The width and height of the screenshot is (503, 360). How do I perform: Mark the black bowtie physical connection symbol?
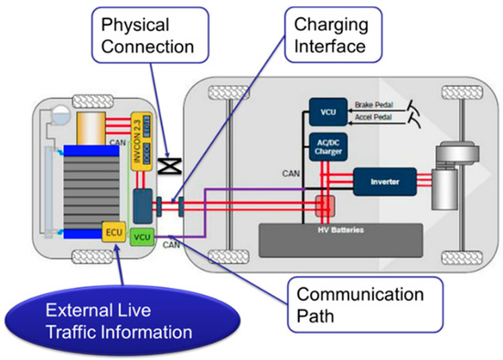tap(170, 165)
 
